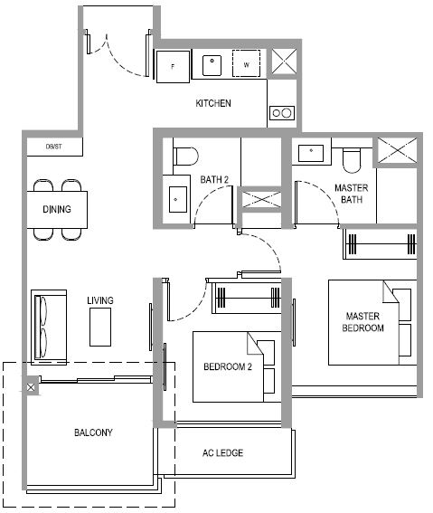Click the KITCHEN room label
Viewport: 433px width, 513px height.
coord(213,103)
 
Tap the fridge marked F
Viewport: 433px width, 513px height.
coord(173,66)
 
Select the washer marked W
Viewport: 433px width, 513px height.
coord(247,63)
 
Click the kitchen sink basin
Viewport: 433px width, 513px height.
coord(212,65)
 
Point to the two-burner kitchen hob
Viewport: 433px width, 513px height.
coord(282,113)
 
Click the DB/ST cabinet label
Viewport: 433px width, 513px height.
coord(54,147)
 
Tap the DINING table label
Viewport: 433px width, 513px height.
coord(57,209)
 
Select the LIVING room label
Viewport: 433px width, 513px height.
coord(100,300)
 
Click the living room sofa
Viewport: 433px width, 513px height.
coord(49,328)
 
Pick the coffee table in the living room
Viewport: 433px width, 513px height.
coord(100,327)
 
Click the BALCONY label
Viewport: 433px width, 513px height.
coord(93,432)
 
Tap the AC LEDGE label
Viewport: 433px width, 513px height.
coord(223,453)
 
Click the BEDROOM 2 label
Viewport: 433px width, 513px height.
coord(228,366)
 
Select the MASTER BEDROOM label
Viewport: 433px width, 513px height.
coord(362,322)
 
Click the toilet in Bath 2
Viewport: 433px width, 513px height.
coord(185,157)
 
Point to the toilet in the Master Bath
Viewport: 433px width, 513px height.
coord(352,160)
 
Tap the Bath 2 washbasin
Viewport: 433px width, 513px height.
coord(178,200)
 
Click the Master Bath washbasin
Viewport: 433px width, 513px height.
coord(311,154)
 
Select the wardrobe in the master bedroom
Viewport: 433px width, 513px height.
coord(380,244)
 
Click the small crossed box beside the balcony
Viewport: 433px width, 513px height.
coord(31,388)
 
